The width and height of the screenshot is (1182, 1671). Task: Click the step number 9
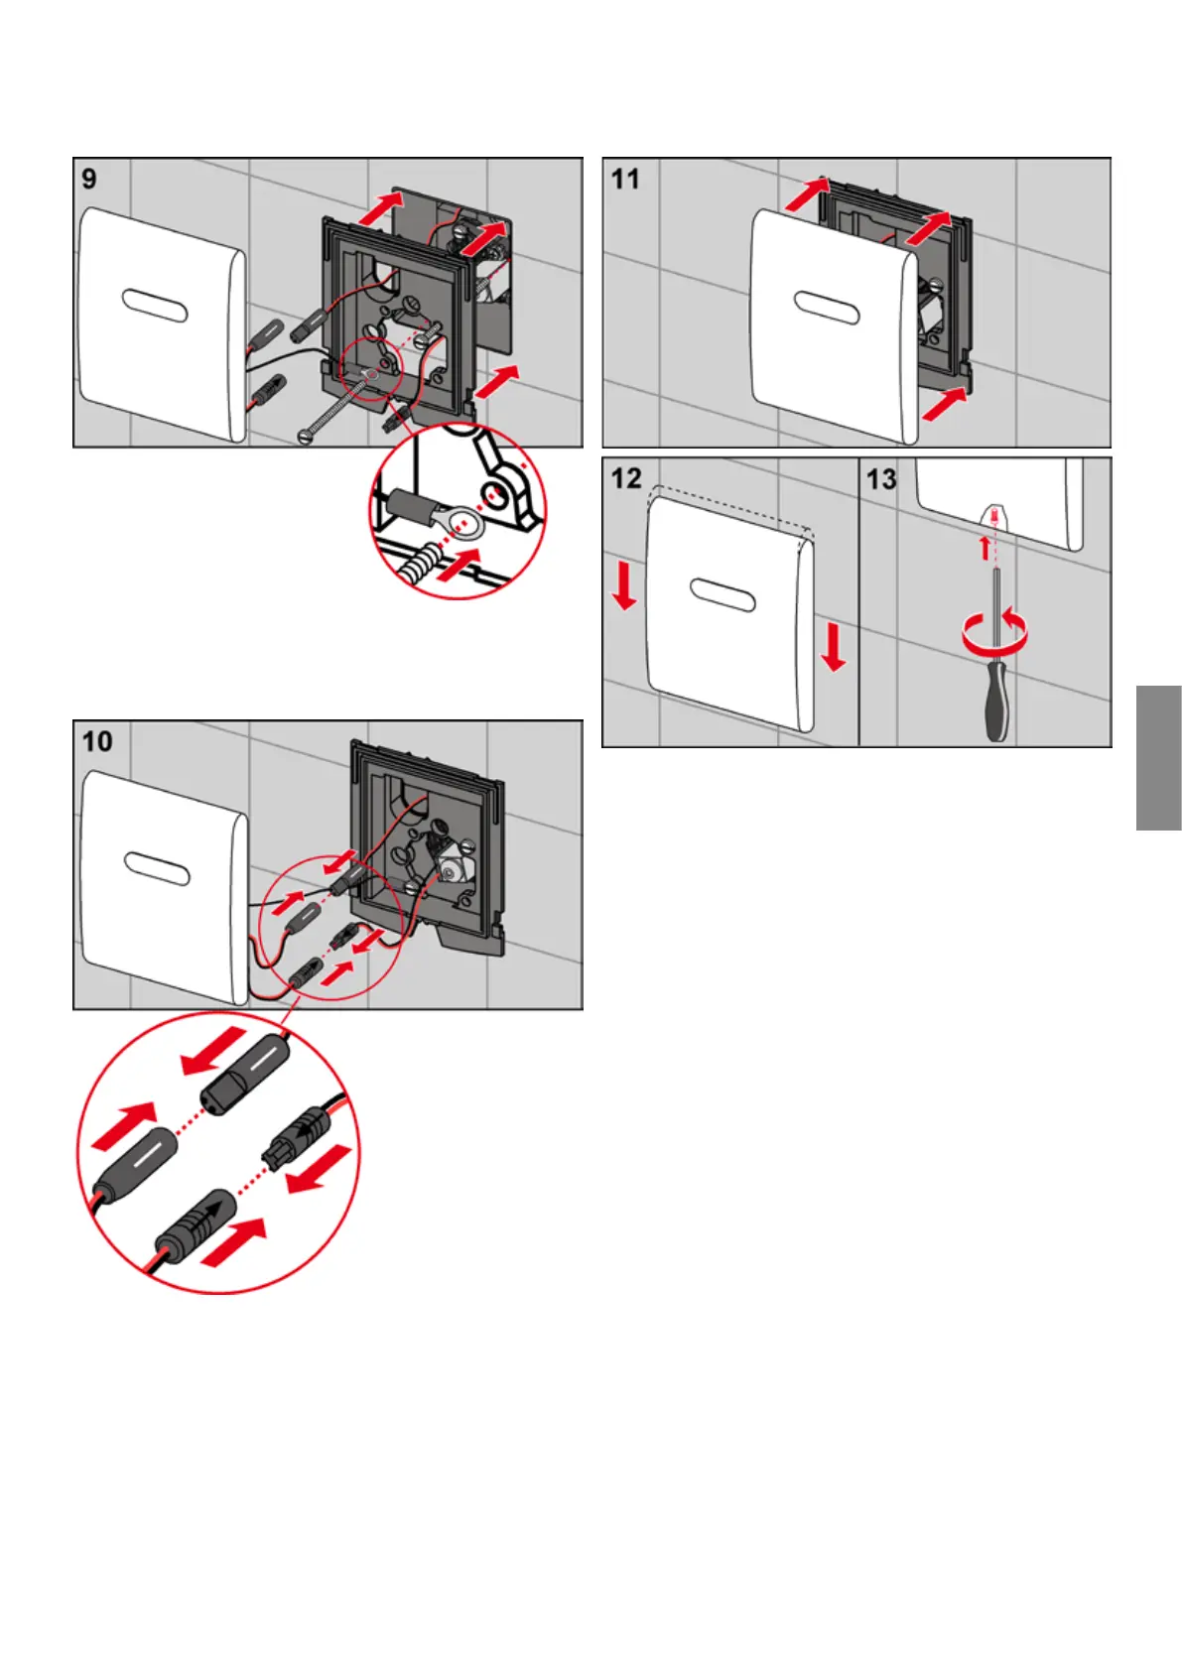tap(89, 179)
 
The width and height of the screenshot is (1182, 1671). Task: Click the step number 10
tap(97, 741)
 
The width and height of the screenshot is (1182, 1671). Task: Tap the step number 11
tap(625, 179)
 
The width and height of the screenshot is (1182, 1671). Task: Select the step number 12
tap(626, 478)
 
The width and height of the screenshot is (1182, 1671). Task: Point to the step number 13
tap(881, 479)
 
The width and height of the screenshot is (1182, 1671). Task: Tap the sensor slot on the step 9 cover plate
tap(155, 305)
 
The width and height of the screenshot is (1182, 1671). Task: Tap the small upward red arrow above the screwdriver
tap(985, 547)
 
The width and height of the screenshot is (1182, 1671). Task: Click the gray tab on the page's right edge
tap(1158, 757)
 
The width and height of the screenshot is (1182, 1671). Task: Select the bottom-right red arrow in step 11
tap(943, 404)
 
